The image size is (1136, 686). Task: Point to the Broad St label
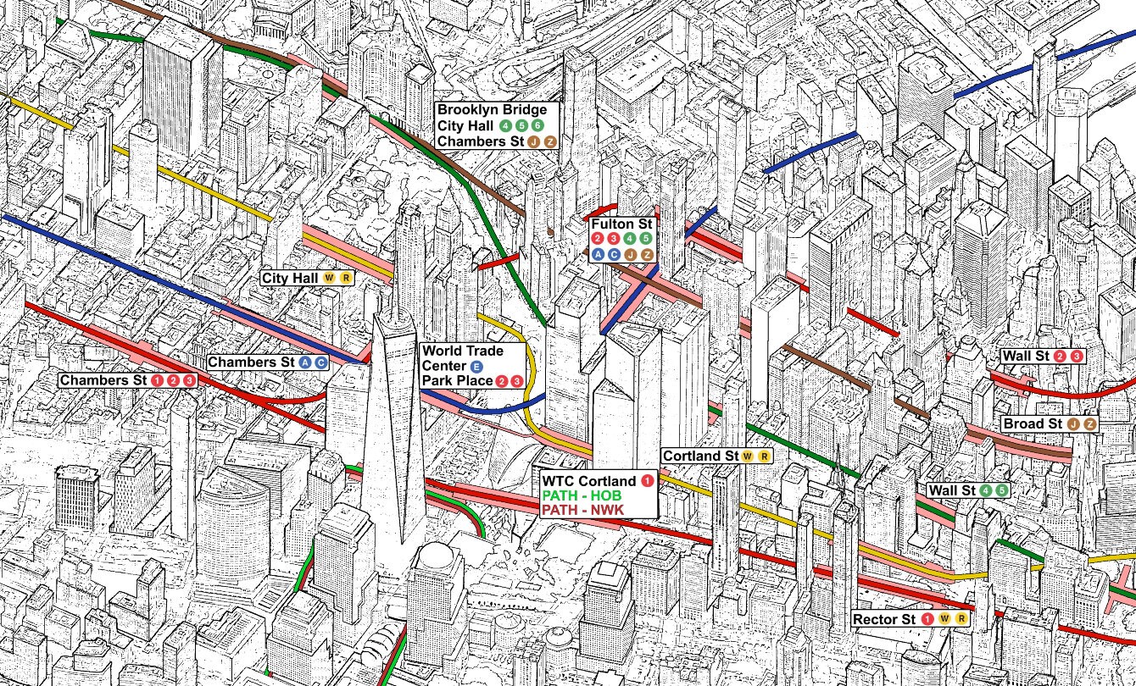click(x=1032, y=423)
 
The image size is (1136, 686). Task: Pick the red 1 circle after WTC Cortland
click(x=647, y=481)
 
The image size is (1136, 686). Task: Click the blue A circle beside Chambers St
click(x=304, y=362)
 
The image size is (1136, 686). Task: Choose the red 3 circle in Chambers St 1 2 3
click(x=188, y=380)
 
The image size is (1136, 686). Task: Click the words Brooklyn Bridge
click(x=492, y=110)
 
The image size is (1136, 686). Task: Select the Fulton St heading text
click(x=622, y=224)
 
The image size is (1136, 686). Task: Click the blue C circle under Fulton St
click(x=614, y=253)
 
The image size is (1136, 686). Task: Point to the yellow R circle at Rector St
click(x=961, y=619)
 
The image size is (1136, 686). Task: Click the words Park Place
click(x=457, y=380)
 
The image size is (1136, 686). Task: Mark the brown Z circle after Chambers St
click(x=550, y=141)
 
